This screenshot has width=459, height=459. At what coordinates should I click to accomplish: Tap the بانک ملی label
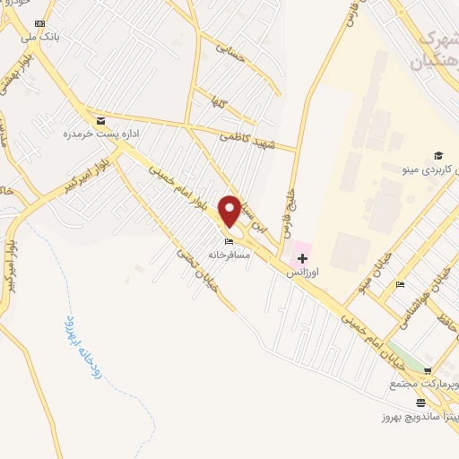pyautogui.click(x=42, y=36)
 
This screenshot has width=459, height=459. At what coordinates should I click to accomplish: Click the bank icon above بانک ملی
pyautogui.click(x=40, y=22)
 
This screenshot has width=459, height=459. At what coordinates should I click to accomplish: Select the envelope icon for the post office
pyautogui.click(x=100, y=120)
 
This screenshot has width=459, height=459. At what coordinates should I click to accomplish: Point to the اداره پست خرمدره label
pyautogui.click(x=91, y=134)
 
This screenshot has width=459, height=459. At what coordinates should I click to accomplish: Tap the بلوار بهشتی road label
pyautogui.click(x=13, y=77)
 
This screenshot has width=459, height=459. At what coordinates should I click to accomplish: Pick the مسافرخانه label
pyautogui.click(x=228, y=254)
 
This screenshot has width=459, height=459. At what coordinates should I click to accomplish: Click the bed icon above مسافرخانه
pyautogui.click(x=229, y=241)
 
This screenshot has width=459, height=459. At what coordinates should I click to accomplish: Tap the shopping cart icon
pyautogui.click(x=428, y=370)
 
